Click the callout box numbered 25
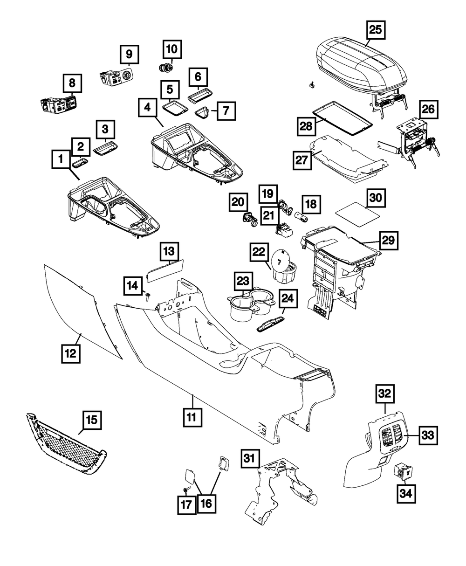376,30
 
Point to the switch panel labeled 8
58,104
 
